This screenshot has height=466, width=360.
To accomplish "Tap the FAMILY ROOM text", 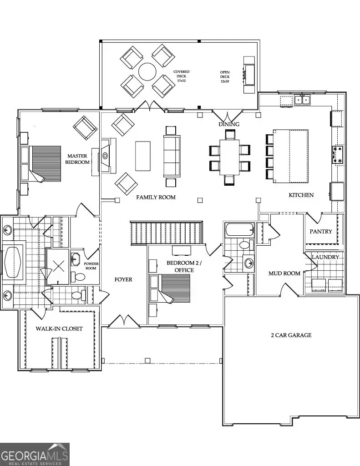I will [x=156, y=197].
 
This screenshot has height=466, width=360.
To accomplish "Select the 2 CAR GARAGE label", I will [x=289, y=335].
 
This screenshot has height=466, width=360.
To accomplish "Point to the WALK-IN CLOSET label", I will [x=59, y=328].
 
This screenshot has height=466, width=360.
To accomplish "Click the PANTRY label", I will [x=321, y=231].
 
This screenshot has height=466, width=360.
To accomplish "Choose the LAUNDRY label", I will [x=325, y=257].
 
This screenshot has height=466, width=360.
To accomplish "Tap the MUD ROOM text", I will [x=284, y=273].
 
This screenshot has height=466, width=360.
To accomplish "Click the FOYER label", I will [x=123, y=279].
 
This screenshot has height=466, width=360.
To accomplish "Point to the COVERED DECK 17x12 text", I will [x=181, y=76].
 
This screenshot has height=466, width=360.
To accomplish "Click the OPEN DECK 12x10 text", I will [x=225, y=76].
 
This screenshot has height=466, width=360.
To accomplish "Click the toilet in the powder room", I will [x=80, y=277].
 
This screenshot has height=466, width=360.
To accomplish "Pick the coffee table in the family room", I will [x=142, y=156].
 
